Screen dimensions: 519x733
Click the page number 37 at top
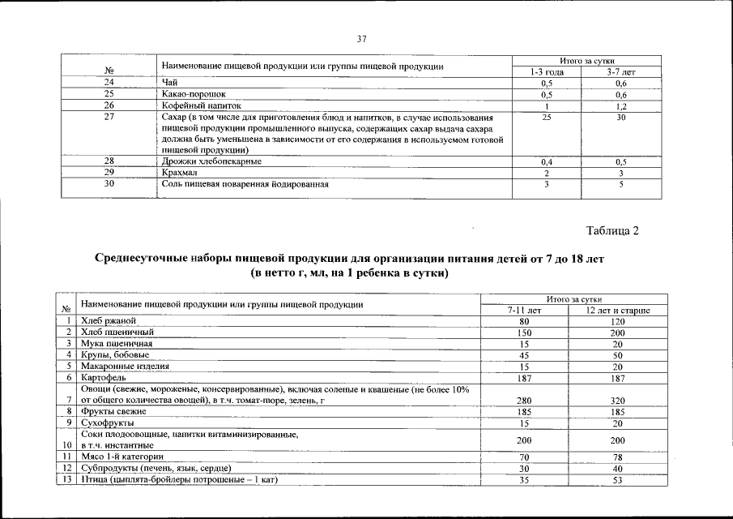click(x=362, y=39)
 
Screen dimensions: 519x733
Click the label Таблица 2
click(x=612, y=232)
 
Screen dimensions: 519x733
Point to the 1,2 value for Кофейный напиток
click(x=621, y=106)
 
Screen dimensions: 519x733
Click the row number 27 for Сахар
click(x=109, y=118)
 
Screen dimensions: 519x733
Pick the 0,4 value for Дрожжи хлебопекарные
click(x=547, y=162)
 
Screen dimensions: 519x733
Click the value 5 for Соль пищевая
click(x=621, y=184)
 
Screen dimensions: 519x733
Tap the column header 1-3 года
click(x=547, y=72)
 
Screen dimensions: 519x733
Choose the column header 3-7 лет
click(x=621, y=72)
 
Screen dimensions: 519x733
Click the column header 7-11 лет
click(x=524, y=311)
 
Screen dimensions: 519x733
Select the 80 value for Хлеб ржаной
click(x=524, y=321)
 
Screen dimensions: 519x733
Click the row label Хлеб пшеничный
click(x=117, y=332)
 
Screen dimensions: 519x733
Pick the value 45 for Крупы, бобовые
click(x=524, y=355)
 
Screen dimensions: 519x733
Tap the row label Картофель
click(x=103, y=378)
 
